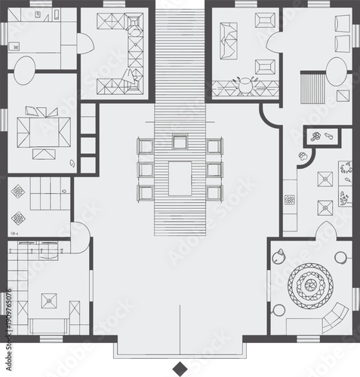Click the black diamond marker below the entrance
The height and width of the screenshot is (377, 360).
pos(180,368)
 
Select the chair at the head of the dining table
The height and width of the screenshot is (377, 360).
pos(180,141)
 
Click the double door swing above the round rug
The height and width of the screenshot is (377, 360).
pos(326,230)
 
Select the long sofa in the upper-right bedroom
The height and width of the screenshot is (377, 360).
pos(227,41)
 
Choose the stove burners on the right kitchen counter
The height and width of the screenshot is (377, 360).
pos(289,200)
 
